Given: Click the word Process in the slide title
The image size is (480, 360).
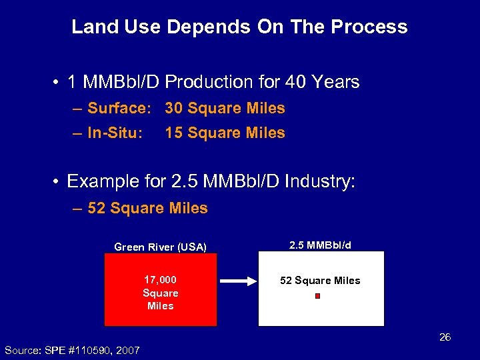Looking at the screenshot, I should tap(371, 27).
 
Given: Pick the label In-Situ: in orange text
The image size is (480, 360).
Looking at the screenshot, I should tap(115, 133).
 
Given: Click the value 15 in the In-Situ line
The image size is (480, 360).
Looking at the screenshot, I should tap(174, 133).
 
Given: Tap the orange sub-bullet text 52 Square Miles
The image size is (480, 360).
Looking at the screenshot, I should tap(147, 208).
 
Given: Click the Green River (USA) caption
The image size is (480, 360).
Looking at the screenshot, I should tap(161, 247).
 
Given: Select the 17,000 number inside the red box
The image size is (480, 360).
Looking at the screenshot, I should tap(160, 280).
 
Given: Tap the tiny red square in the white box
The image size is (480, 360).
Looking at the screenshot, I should tap(317, 295).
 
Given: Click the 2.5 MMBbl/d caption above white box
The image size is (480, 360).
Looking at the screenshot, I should tap(320, 245).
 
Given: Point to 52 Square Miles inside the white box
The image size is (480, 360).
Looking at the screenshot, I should tap(320, 281).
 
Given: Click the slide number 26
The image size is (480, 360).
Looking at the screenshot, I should tap(445, 337).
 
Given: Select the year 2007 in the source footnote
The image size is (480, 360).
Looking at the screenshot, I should tap(127, 350).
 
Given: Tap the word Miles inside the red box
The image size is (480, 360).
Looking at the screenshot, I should tap(160, 306).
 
